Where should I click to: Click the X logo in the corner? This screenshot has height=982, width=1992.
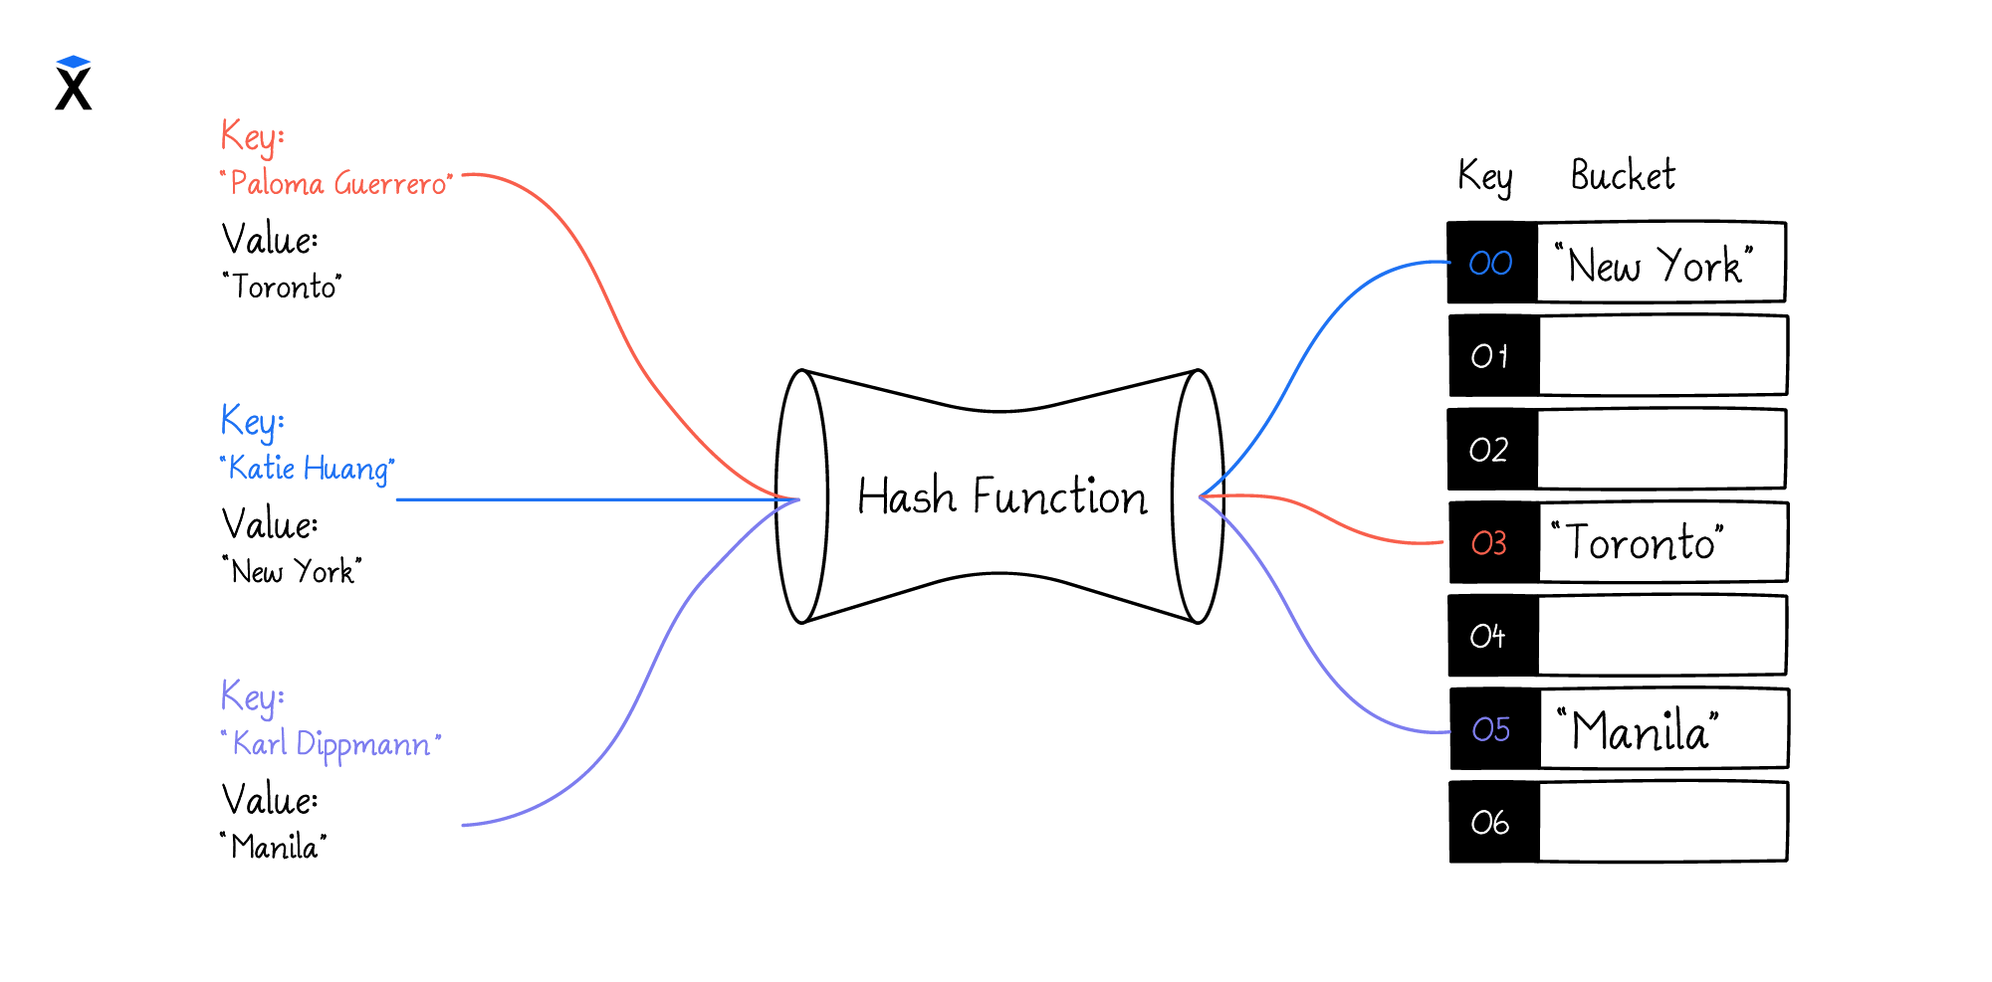74,84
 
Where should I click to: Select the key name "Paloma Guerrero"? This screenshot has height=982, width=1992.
336,184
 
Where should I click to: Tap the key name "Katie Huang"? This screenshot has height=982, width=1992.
308,469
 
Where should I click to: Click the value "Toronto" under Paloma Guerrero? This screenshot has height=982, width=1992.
283,288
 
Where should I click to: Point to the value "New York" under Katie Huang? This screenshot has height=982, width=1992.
293,572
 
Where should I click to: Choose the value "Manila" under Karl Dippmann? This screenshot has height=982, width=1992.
275,847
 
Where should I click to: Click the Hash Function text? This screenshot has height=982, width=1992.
1001,496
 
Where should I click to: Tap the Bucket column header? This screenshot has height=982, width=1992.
1623,176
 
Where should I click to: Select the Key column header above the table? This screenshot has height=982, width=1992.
1484,177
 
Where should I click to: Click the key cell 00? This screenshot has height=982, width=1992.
1491,263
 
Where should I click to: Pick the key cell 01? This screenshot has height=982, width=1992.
1491,356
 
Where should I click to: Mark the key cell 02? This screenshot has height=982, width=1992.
1491,450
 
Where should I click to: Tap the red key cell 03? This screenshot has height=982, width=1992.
1491,543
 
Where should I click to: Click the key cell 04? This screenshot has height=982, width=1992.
1491,636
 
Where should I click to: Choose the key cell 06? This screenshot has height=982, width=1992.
1491,823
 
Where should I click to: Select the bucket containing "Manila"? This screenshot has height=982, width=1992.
1662,730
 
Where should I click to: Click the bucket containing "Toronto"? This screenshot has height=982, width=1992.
1662,543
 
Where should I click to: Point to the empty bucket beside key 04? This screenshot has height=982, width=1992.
1662,636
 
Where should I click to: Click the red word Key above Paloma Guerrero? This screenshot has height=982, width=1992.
252,136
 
